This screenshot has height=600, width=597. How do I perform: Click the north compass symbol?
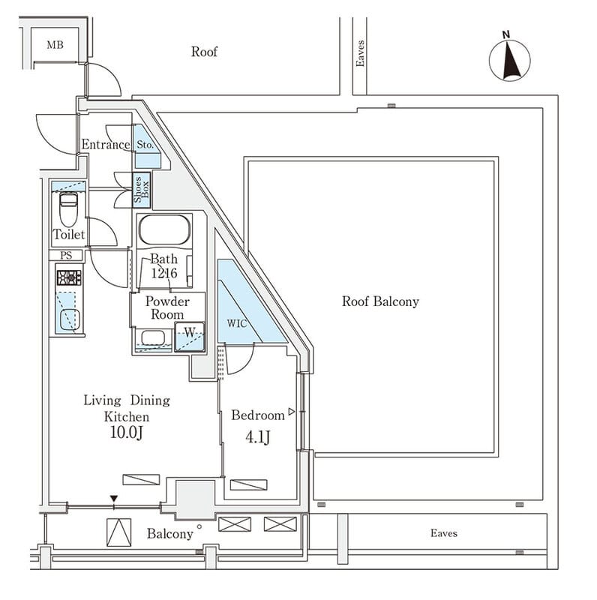509,58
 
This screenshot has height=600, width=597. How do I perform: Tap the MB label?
55,46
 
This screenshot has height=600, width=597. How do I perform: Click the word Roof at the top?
204,52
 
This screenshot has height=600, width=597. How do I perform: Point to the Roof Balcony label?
380,301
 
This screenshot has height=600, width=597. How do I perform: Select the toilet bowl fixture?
68,209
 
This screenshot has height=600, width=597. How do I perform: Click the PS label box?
67,255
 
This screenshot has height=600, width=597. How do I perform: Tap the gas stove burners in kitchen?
68,277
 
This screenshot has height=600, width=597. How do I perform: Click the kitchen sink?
68,317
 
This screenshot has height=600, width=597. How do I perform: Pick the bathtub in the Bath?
164,229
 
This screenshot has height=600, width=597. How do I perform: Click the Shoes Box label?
142,191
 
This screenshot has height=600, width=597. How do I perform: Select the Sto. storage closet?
146,145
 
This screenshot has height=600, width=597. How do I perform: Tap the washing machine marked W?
189,337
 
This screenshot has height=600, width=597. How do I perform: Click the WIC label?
236,323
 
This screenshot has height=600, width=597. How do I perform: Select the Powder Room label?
167,307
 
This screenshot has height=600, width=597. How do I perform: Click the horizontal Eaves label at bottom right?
443,533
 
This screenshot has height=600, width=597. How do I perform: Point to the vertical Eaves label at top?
360,54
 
